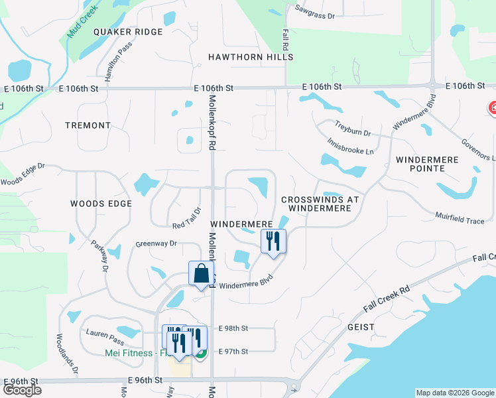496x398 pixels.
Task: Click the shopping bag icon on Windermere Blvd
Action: click(201, 274)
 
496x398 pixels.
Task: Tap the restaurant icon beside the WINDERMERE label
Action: click(273, 241)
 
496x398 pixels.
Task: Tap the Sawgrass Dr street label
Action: click(315, 12)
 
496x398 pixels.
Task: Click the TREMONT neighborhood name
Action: click(88, 125)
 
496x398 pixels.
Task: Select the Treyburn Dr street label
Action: click(352, 129)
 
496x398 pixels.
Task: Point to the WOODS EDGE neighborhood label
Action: click(102, 204)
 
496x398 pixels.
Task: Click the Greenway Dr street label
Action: click(156, 244)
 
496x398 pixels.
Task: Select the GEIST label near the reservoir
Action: click(361, 328)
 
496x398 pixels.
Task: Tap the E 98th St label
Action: click(233, 328)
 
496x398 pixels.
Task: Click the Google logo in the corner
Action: click(22, 390)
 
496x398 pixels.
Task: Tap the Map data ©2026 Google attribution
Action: click(454, 393)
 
